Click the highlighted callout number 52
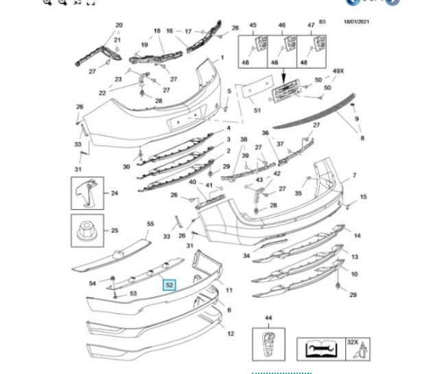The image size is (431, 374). coord(170,284)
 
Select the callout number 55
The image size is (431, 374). coord(150,224)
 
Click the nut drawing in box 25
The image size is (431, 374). coord(87,230)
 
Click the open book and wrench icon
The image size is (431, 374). coord(317,349)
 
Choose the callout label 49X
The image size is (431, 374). coord(338,71)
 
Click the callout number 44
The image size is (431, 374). coord(268,318)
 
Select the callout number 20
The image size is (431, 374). coord(119,25)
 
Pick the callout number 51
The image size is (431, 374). coord(257,111)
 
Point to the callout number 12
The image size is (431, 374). coord(231,333)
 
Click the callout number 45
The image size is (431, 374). coord(253,25)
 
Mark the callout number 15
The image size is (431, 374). coord(363,197)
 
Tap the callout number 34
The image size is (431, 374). coord(246,256)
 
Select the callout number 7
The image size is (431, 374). coord(355,177)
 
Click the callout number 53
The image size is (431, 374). coord(133,294)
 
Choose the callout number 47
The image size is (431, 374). coord(311,25)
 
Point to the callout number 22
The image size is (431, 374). coord(102,93)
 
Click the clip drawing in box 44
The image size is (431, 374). coord(268,342)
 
